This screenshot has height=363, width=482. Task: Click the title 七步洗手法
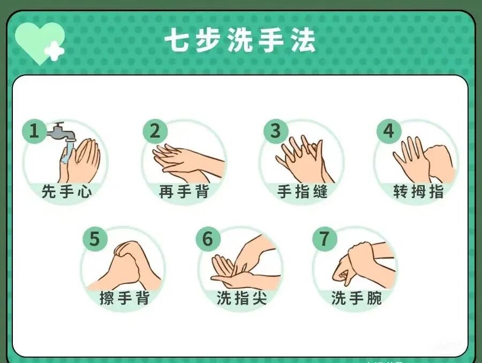tap(239, 41)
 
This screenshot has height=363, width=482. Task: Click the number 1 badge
tap(34, 131)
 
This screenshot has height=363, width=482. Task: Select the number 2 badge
tap(155, 131)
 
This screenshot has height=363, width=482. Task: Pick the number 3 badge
tap(276, 131)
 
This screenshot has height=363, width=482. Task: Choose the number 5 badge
tap(94, 239)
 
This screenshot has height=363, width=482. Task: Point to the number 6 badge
tap(208, 239)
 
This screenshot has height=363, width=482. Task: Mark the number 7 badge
tap(325, 239)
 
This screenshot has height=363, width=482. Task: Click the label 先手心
tap(66, 191)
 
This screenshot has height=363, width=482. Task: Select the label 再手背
tap(184, 191)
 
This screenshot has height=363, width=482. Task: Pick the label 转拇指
tap(418, 191)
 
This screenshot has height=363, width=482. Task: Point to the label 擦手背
tap(124, 298)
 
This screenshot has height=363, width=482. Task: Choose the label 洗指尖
tap(241, 298)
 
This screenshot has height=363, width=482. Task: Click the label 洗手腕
tap(356, 298)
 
